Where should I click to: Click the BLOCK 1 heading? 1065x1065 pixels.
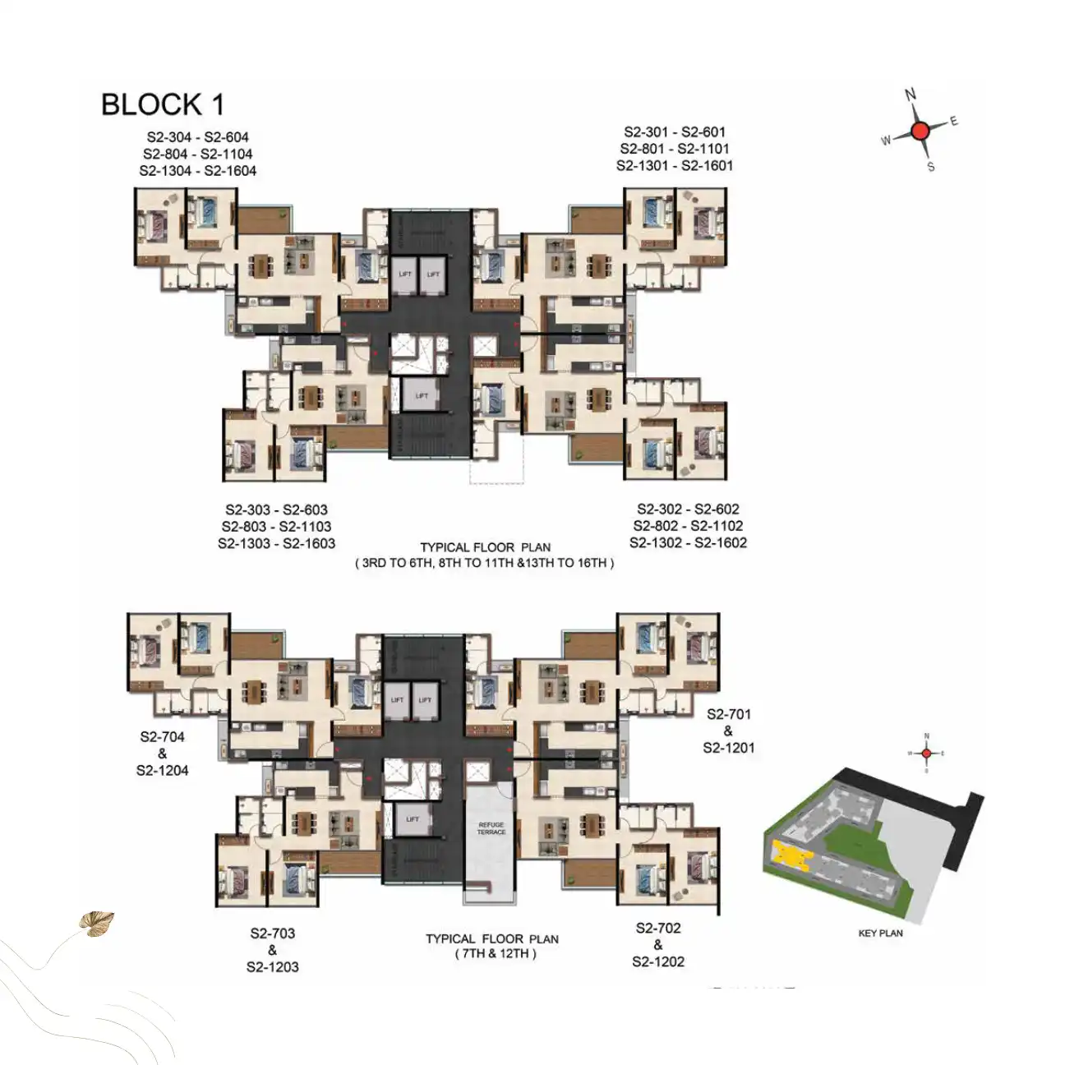click(x=162, y=105)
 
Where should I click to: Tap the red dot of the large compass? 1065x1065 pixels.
click(x=920, y=130)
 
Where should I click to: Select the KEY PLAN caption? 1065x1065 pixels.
click(x=880, y=933)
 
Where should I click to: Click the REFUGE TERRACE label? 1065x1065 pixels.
click(x=491, y=828)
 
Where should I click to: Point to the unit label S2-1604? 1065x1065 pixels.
click(x=230, y=171)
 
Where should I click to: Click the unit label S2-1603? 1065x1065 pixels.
click(x=309, y=543)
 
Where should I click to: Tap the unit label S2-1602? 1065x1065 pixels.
click(x=721, y=542)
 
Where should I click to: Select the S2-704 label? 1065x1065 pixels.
click(x=162, y=737)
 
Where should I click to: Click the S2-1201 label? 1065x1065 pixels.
click(x=728, y=748)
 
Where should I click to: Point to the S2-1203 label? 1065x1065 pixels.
click(x=272, y=967)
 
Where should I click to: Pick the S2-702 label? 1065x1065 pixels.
click(x=658, y=928)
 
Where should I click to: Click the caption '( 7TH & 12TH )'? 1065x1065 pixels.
click(x=495, y=954)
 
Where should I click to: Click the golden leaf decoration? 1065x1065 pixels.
click(x=96, y=923)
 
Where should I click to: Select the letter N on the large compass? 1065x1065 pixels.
click(x=911, y=95)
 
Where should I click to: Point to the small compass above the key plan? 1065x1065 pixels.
click(x=926, y=753)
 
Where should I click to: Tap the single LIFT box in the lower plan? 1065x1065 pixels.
click(x=413, y=819)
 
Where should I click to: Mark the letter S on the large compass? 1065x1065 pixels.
click(x=931, y=167)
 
